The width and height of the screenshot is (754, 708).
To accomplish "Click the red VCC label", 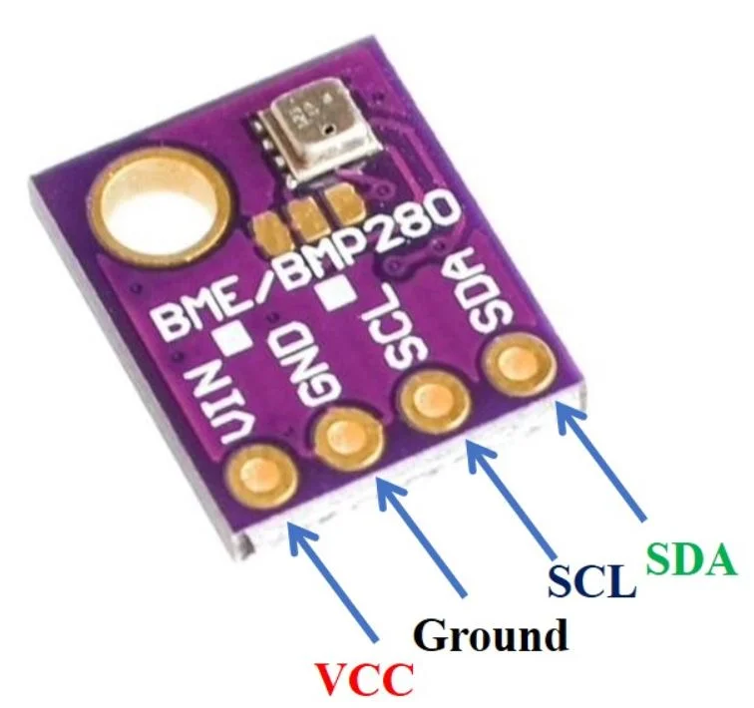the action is (x=363, y=678).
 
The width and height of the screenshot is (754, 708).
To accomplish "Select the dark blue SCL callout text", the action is (x=591, y=580).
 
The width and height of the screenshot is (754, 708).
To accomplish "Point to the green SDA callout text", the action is (x=691, y=559).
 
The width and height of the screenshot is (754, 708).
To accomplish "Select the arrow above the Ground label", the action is (x=421, y=537).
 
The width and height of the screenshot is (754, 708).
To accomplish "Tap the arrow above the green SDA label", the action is (x=601, y=461).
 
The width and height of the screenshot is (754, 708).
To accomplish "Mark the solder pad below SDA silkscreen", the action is (x=520, y=363).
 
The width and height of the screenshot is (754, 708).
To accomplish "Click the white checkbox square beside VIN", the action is (x=234, y=337).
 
